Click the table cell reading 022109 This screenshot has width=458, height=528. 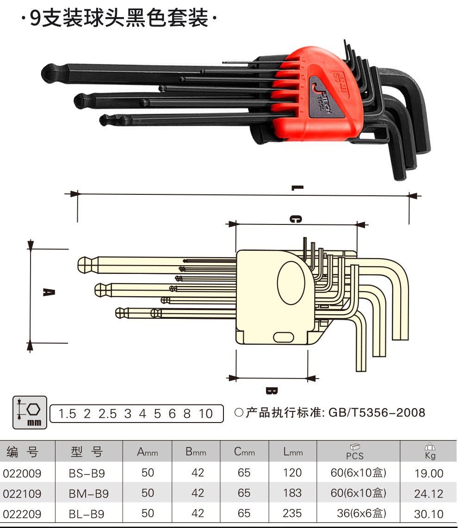22,494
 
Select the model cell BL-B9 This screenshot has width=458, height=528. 87,514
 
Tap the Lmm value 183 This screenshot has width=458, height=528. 292,493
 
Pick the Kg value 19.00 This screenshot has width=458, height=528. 429,473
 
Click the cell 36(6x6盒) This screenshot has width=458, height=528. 361,513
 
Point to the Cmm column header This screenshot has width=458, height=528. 244,452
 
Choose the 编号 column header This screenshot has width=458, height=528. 22,452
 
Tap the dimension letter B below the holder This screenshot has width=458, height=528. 272,391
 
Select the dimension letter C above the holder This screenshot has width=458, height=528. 296,219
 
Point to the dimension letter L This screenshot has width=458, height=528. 297,188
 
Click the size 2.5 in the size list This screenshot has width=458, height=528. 107,414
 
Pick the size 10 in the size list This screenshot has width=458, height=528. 205,414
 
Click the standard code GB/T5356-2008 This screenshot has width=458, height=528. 377,412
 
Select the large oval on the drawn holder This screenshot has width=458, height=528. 291,283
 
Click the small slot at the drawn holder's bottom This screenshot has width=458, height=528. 284,337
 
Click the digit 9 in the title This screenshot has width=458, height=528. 35,19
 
